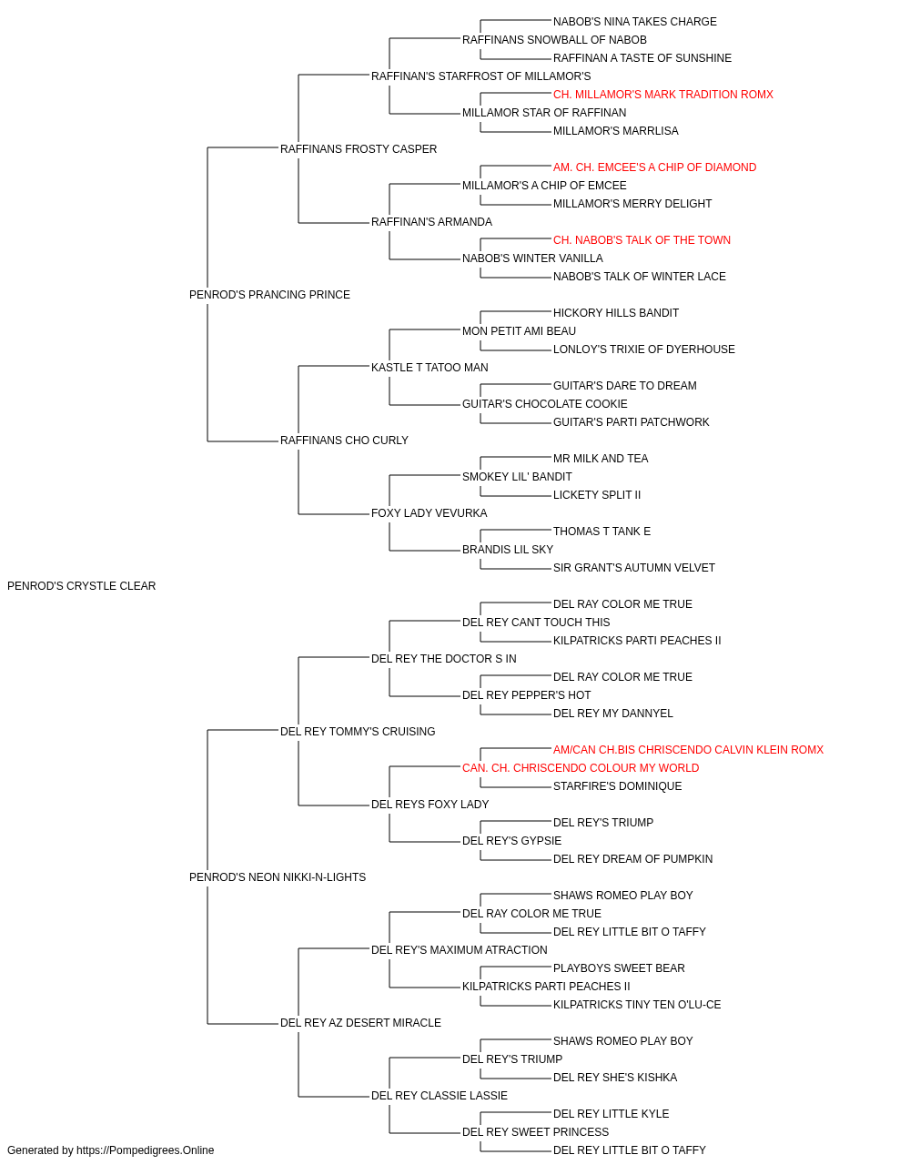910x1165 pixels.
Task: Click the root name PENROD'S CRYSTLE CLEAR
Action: (82, 586)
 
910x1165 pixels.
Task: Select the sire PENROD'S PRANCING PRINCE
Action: (269, 295)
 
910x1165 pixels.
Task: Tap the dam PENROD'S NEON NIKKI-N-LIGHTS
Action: (278, 877)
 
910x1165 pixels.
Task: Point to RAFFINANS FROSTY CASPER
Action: (359, 149)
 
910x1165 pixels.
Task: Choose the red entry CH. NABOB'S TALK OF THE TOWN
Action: (642, 240)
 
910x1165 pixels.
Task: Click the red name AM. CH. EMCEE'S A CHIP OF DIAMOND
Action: (654, 167)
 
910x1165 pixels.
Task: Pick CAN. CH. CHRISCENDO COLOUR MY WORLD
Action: (581, 768)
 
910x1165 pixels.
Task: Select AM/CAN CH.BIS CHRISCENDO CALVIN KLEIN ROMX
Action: (688, 749)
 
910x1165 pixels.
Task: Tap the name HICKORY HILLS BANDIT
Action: (616, 313)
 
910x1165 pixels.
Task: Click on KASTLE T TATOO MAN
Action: (430, 368)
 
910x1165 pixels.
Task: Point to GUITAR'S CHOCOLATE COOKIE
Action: (544, 404)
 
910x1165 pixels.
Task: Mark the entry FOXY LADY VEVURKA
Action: (430, 513)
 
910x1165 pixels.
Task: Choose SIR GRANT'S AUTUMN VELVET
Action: (634, 568)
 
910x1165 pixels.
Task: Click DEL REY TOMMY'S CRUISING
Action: (358, 731)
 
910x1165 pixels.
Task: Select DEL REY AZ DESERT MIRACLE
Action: (360, 1023)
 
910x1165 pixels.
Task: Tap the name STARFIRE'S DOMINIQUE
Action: (617, 786)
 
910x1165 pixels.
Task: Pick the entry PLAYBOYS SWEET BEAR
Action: (619, 968)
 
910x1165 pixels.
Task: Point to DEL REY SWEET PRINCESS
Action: (535, 1131)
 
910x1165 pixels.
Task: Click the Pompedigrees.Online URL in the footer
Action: (146, 1150)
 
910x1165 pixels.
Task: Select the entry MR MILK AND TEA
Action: (601, 459)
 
